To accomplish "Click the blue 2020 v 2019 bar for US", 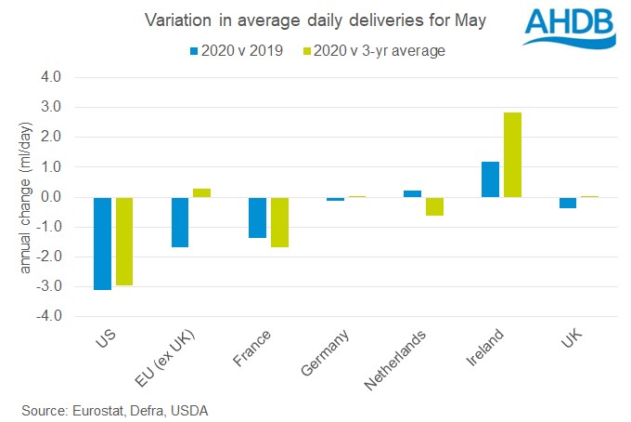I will (102, 244).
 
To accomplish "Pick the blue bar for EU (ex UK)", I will (179, 222).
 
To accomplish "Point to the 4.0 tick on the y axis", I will (50, 78).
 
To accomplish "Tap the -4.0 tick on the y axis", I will (48, 316).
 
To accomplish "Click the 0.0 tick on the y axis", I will (50, 197).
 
